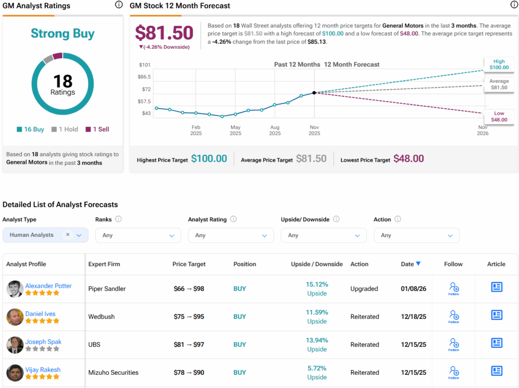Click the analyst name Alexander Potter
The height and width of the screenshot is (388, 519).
pyautogui.click(x=48, y=286)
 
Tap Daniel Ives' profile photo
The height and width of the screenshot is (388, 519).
pyautogui.click(x=15, y=316)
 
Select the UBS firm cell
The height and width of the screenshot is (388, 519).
pyautogui.click(x=94, y=344)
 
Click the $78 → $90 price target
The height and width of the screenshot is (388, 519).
pyautogui.click(x=189, y=372)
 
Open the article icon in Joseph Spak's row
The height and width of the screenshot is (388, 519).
pyautogui.click(x=496, y=343)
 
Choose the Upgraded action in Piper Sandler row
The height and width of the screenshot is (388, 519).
pyautogui.click(x=364, y=289)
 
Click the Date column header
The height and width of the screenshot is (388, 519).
pyautogui.click(x=411, y=264)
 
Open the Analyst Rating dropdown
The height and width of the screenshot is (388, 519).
pyautogui.click(x=231, y=235)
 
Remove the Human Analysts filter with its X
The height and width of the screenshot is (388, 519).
pyautogui.click(x=68, y=235)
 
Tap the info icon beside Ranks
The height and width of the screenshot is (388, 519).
pyautogui.click(x=118, y=219)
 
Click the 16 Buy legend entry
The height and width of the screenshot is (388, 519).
pyautogui.click(x=30, y=129)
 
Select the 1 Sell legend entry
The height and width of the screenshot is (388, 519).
pyautogui.click(x=97, y=129)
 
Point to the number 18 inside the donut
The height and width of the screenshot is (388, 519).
pyautogui.click(x=63, y=81)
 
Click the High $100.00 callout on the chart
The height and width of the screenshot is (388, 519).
pyautogui.click(x=498, y=64)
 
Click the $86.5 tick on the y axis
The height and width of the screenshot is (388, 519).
pyautogui.click(x=144, y=77)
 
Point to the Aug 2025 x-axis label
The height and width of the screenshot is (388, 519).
pyautogui.click(x=275, y=130)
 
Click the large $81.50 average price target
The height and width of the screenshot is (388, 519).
pyautogui.click(x=164, y=33)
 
